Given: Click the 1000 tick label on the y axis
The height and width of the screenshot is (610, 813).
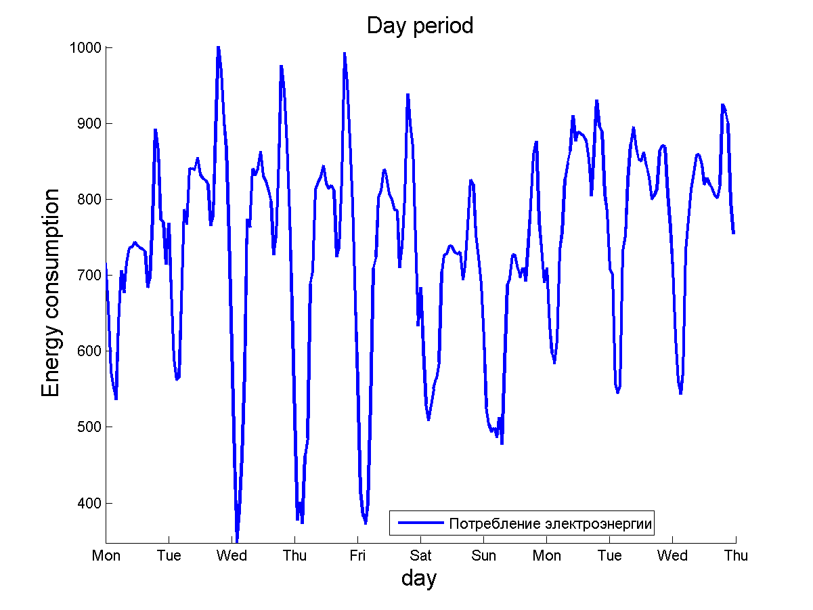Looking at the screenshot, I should click(85, 47).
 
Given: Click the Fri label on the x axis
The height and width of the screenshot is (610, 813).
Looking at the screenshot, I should click(357, 556).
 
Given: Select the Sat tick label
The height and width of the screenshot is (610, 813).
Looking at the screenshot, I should click(420, 556).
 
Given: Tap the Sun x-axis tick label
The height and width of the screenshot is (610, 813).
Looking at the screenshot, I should click(483, 556).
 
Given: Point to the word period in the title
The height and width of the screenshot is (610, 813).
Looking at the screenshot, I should click(440, 26).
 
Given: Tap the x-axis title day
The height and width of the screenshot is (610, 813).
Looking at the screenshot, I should click(419, 578).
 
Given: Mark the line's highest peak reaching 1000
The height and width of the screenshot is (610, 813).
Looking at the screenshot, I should click(217, 47).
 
